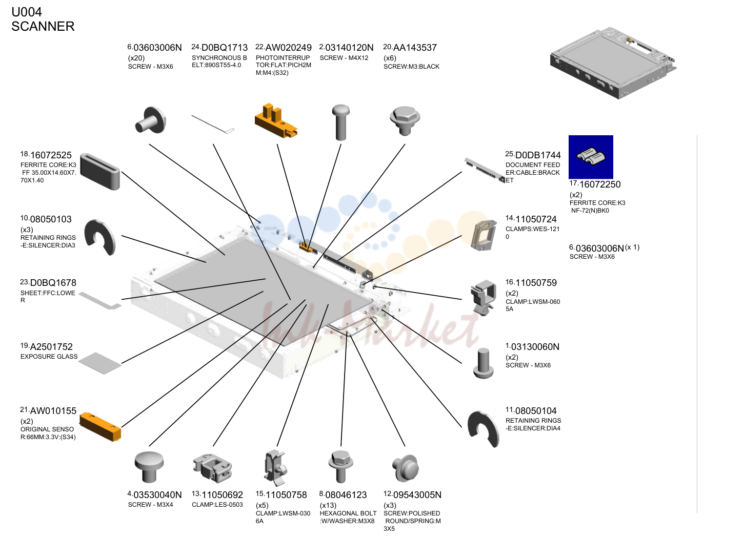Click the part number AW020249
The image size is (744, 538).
coord(288,48)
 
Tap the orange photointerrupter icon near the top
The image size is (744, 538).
coord(276,121)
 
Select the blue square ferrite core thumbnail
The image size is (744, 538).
coord(591,157)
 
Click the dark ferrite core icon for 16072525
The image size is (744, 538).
coord(100,171)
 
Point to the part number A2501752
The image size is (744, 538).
coord(51,347)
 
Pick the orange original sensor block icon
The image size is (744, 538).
coord(100,426)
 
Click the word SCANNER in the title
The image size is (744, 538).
coord(43,26)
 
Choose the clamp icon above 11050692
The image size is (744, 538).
coord(212,468)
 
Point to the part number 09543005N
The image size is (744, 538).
coord(417,495)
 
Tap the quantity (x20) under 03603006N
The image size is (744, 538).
coord(136,58)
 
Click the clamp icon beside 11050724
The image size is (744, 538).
coord(484,235)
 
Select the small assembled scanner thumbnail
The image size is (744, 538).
coord(613,63)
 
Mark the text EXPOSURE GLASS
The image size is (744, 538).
coord(49,357)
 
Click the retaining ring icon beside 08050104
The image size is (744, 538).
coord(484,428)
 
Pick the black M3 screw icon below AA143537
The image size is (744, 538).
coord(405,120)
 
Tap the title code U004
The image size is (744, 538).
coord(27,12)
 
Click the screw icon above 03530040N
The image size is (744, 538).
coord(149,467)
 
